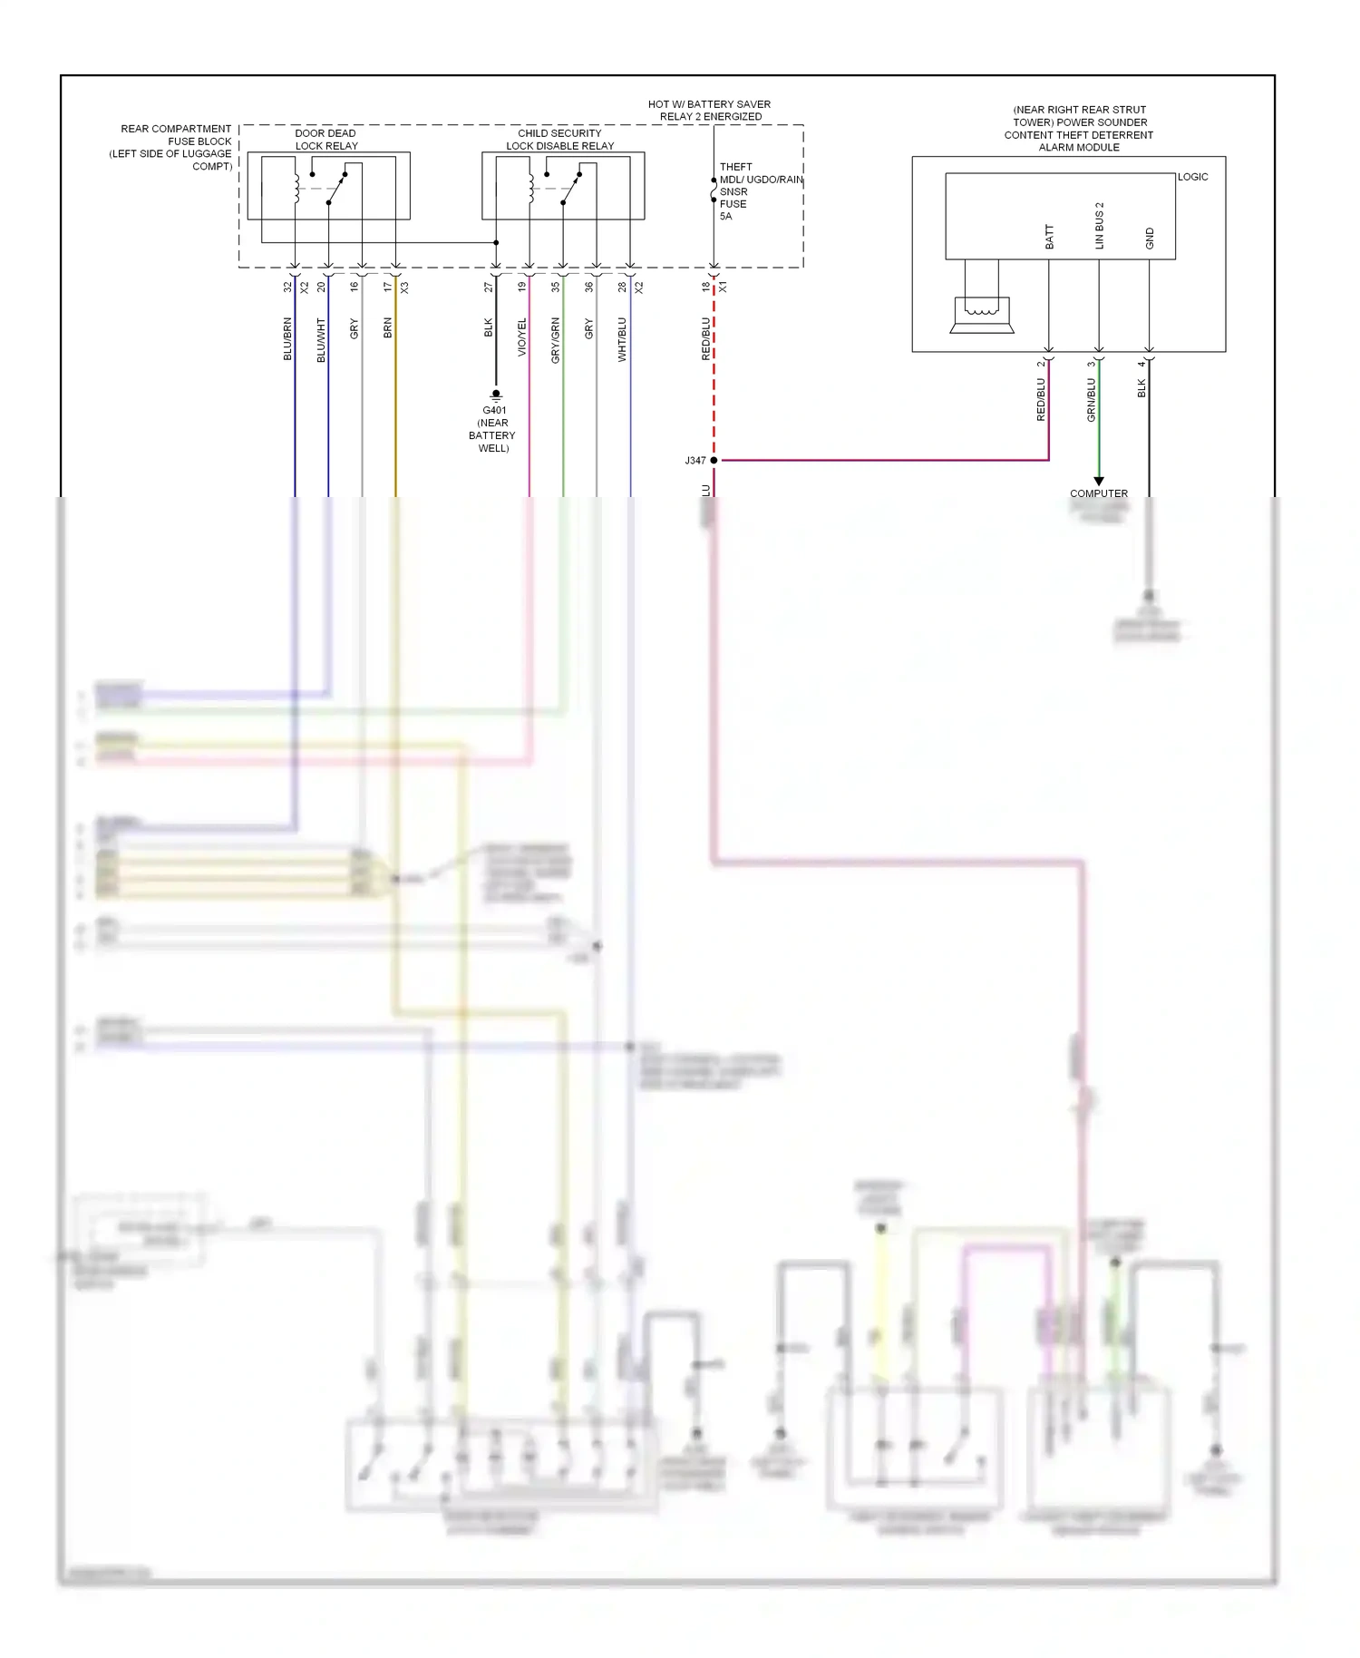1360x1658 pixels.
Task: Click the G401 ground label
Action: coord(494,410)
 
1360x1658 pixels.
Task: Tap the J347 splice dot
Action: coord(714,461)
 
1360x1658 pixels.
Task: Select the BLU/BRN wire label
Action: coord(287,339)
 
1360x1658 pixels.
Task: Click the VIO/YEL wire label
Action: coord(522,337)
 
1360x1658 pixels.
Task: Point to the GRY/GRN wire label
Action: coord(556,341)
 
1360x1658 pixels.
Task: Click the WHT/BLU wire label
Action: coord(622,340)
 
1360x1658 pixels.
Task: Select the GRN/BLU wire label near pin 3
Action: coord(1092,400)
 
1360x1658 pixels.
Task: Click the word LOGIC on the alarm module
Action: coord(1192,177)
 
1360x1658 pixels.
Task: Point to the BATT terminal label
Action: coord(1049,237)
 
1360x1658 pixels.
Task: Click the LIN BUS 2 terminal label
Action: coord(1099,226)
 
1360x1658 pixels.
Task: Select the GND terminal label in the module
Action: coord(1150,239)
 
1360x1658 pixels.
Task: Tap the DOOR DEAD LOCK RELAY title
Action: coord(325,140)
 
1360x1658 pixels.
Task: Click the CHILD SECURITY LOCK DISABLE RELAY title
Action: coord(559,140)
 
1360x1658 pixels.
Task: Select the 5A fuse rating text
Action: coord(725,217)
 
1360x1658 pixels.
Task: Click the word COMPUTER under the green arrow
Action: coord(1099,493)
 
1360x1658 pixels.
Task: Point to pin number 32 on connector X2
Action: coord(287,287)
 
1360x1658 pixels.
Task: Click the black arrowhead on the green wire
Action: coord(1099,482)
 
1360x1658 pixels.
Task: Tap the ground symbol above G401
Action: coord(496,395)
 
